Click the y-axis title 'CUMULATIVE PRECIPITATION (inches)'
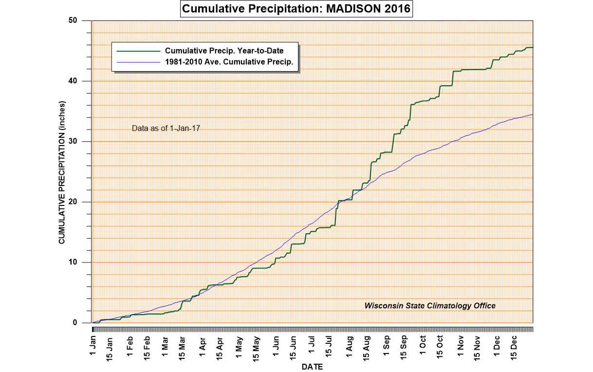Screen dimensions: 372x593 tap(62, 173)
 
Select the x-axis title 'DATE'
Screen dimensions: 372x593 tap(312, 366)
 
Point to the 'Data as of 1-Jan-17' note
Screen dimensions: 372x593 tap(167, 129)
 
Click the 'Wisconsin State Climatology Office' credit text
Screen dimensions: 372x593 tap(430, 306)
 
